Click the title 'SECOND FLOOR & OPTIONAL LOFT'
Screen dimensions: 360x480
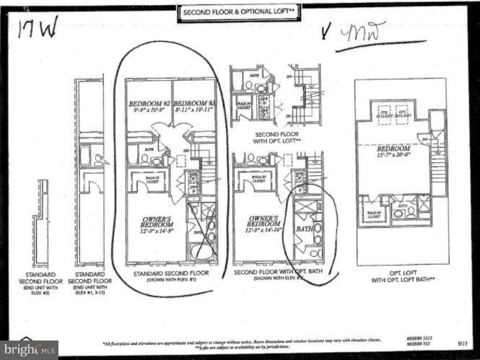[240, 12]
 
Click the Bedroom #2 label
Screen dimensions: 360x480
[148, 108]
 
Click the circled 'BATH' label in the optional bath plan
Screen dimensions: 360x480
[305, 229]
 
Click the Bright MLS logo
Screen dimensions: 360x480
[29, 349]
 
